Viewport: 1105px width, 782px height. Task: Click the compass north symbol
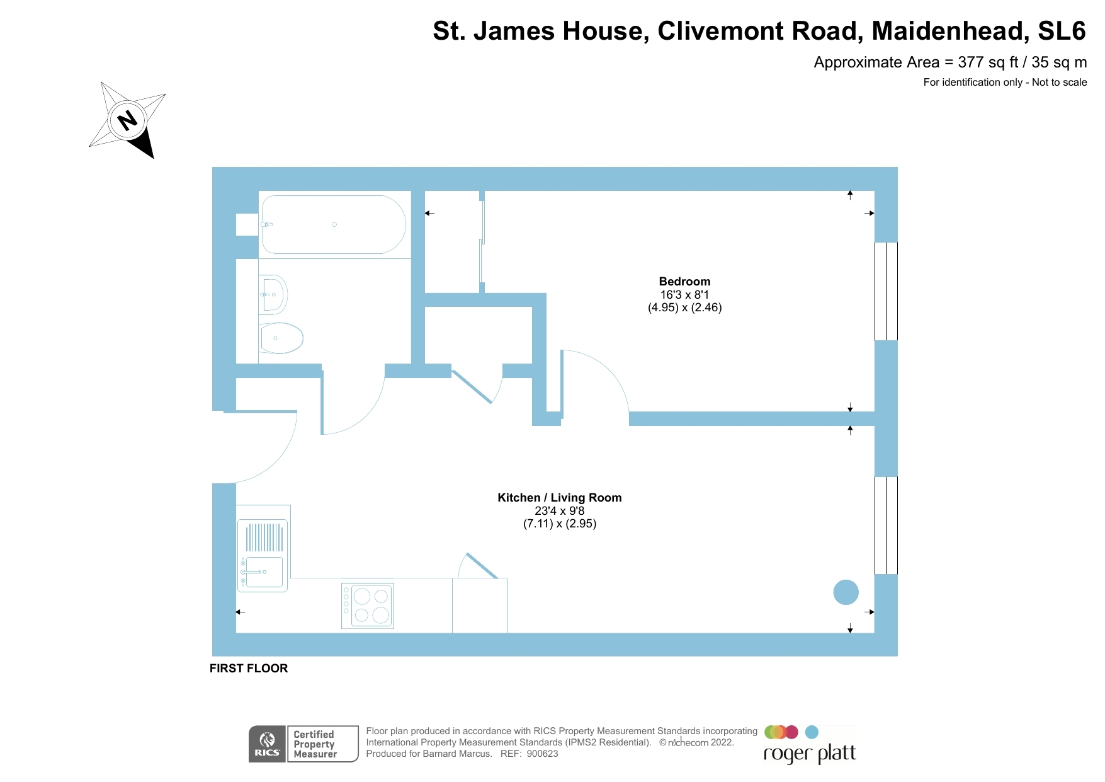point(128,120)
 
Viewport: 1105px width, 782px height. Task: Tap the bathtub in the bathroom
point(334,224)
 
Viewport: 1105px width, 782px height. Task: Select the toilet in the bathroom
point(281,338)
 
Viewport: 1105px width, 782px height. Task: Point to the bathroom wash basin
point(273,294)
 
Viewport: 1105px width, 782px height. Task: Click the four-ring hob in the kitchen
point(368,606)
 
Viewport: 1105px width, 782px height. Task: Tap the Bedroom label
point(684,282)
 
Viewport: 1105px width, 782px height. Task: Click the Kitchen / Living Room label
point(559,498)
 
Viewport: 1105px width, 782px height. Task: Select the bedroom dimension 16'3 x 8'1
point(684,295)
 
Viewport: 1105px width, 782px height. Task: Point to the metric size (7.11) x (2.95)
point(559,524)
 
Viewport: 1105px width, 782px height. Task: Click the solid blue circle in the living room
point(846,592)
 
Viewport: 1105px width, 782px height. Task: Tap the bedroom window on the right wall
point(886,291)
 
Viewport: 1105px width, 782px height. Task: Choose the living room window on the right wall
point(886,526)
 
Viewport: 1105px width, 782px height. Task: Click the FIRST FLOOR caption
point(249,669)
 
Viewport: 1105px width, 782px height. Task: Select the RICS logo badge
point(268,744)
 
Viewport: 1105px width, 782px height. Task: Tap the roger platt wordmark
point(810,754)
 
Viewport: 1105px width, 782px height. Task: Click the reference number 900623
point(542,754)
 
